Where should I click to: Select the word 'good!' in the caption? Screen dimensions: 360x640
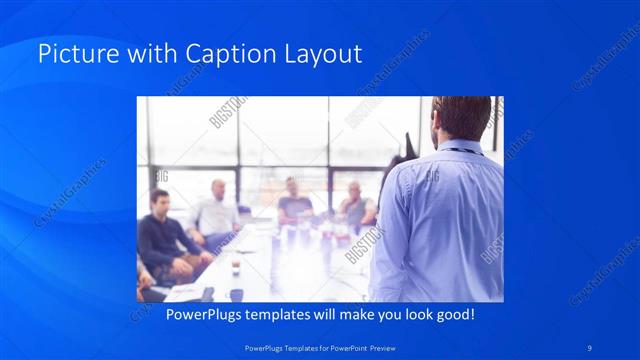pos(452,315)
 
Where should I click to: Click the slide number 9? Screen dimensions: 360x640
pos(591,347)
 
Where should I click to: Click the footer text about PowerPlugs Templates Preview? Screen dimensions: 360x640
pos(319,347)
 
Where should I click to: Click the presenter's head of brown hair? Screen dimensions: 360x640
pos(462,115)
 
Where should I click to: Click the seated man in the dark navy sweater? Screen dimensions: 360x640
pos(159,240)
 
